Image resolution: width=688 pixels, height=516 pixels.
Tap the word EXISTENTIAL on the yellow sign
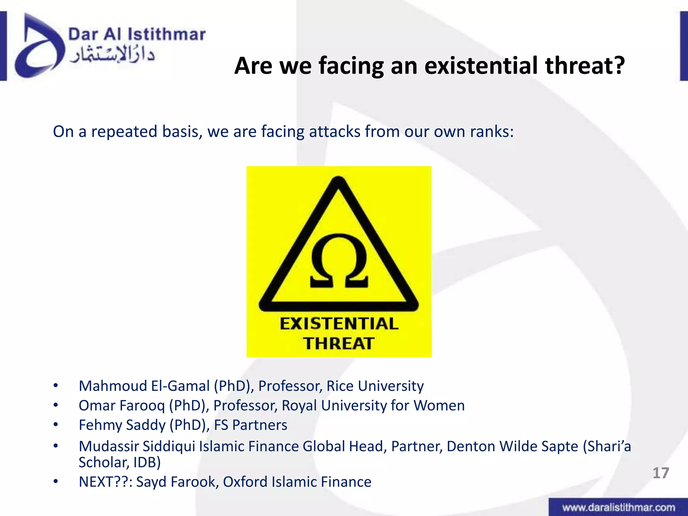tap(339, 324)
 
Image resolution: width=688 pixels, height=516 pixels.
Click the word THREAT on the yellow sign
tap(339, 344)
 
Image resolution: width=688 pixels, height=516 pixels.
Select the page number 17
tap(660, 473)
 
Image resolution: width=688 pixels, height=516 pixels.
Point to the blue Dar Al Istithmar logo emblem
tap(39, 47)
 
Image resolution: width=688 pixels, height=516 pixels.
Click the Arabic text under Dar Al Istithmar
tap(113, 55)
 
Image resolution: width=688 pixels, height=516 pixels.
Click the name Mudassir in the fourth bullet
tap(109, 446)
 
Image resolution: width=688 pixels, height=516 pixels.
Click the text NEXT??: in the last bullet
tap(105, 482)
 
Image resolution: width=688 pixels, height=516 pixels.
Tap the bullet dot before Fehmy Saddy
tap(56, 425)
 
